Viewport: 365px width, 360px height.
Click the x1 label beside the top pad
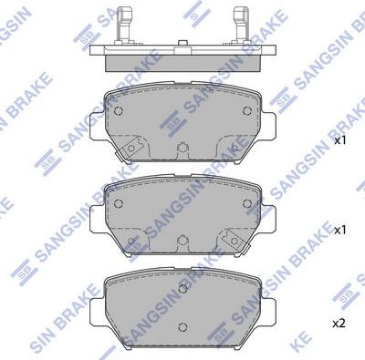pos(339,142)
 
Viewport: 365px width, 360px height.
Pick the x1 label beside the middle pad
pos(339,231)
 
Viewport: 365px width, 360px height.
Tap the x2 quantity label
pos(339,323)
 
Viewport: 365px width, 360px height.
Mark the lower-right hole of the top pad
pos(235,146)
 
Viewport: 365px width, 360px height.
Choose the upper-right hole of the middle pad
pos(247,202)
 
